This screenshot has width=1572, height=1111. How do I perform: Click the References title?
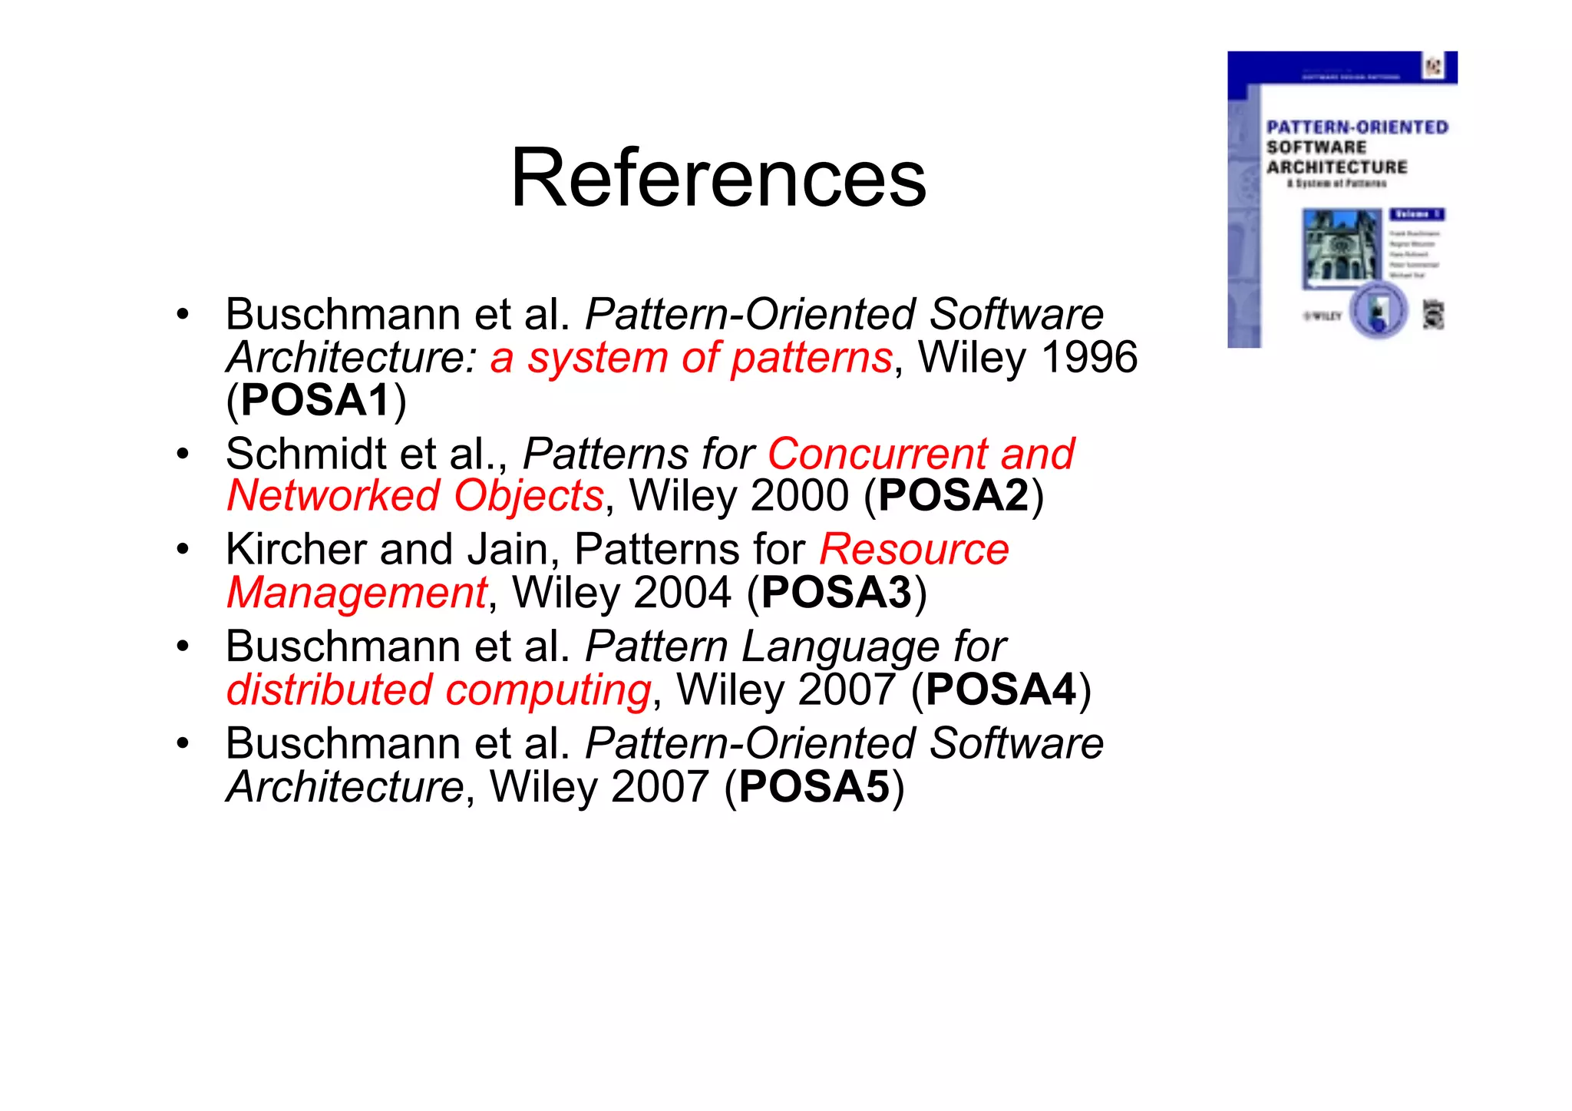[x=718, y=178]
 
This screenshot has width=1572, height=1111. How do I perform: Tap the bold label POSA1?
[x=315, y=400]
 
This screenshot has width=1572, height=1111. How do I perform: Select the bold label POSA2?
[x=953, y=495]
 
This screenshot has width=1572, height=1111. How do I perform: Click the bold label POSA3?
[x=836, y=593]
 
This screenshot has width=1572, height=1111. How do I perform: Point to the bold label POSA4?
[x=1001, y=689]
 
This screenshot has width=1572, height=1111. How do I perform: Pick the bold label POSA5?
[x=814, y=787]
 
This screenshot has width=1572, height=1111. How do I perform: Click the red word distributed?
[x=329, y=689]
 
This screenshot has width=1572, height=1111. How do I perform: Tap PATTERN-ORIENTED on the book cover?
[x=1357, y=127]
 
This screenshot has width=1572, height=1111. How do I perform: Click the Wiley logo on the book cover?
[x=1323, y=316]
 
